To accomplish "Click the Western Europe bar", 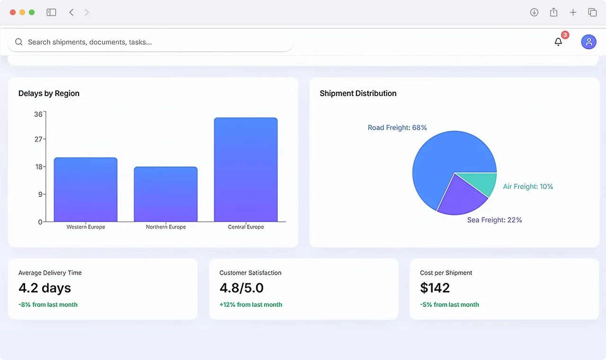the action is click(86, 189).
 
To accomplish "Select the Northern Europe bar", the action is click(166, 194).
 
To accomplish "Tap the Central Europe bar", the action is click(246, 170).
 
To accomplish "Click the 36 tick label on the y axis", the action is click(38, 114).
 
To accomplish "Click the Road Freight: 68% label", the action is click(397, 127).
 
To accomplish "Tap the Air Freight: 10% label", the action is click(528, 187).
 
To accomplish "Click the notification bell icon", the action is click(558, 42).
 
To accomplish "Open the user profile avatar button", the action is click(588, 42).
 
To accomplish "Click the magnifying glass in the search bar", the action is click(18, 42).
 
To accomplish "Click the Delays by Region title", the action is click(49, 93).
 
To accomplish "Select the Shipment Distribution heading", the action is click(358, 93).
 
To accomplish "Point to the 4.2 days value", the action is click(45, 288).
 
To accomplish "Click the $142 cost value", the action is click(435, 288).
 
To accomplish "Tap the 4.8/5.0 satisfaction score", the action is click(241, 288).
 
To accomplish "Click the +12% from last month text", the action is click(251, 305).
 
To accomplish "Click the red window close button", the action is click(13, 12).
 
